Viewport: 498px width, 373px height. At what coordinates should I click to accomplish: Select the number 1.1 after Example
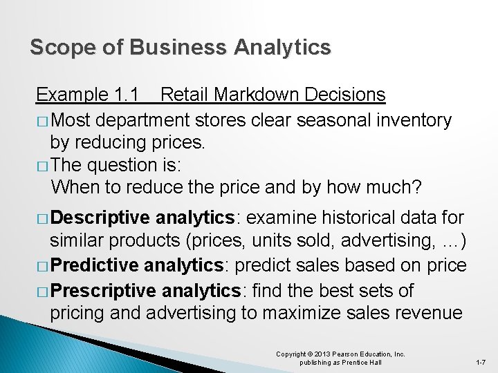click(x=126, y=94)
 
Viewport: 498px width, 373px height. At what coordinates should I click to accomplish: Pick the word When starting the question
click(x=73, y=186)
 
